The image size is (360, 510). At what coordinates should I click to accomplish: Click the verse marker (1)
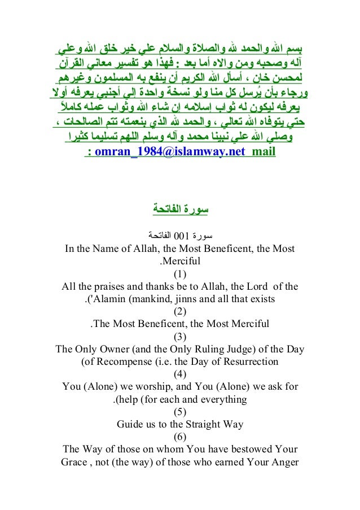tap(179, 274)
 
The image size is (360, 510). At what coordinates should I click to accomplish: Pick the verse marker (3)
tap(179, 337)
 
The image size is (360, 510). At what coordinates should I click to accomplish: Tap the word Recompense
tap(122, 362)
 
